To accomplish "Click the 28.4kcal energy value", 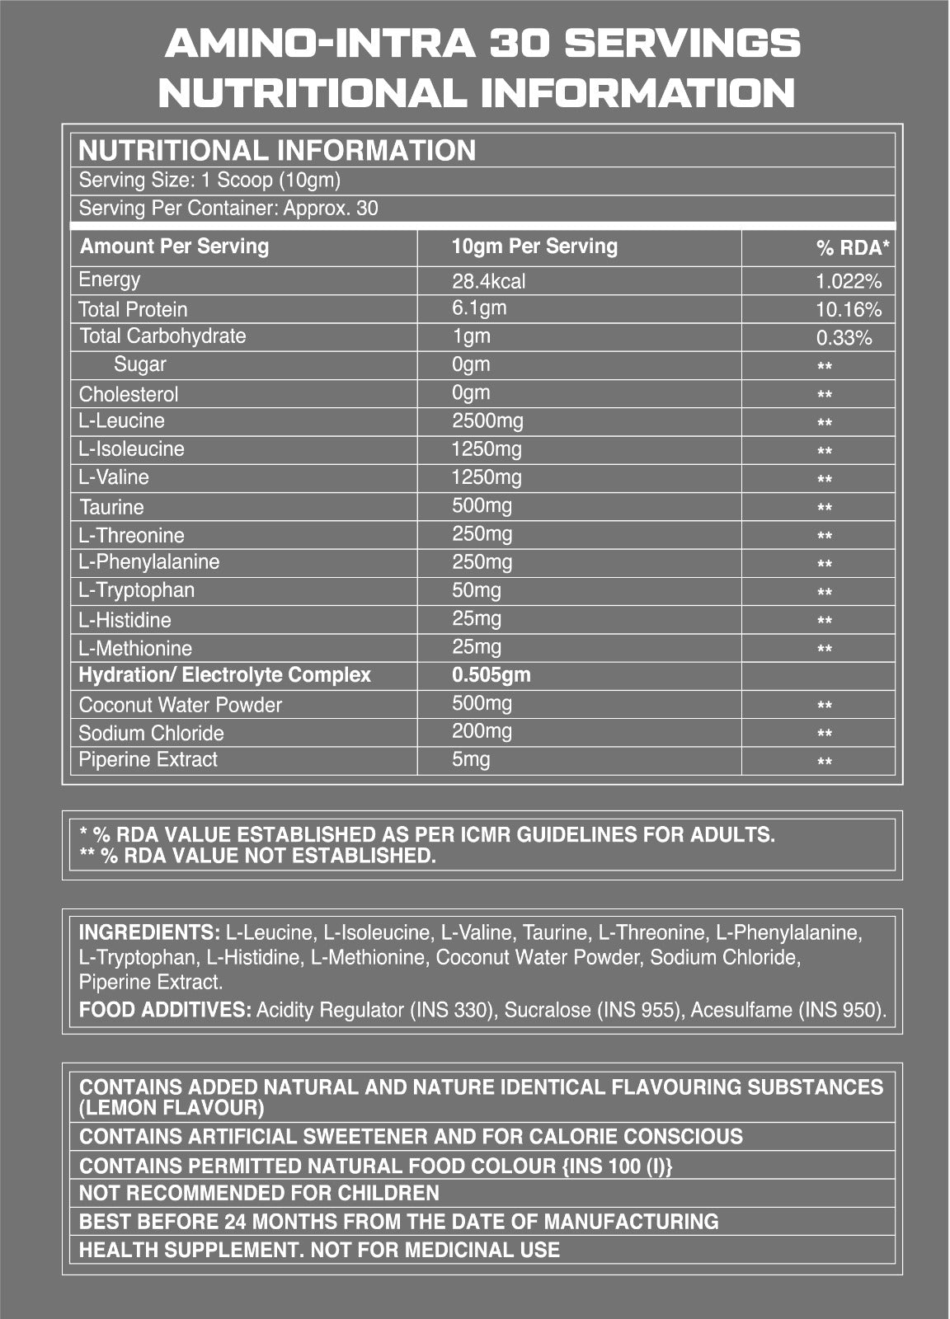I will [x=488, y=281].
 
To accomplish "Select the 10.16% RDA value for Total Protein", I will [x=849, y=310].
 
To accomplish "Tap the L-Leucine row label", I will [x=121, y=421].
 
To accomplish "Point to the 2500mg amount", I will [x=487, y=421].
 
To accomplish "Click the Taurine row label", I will [x=111, y=507].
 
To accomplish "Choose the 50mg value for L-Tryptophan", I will [x=477, y=590].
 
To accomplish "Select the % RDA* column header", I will [x=853, y=247].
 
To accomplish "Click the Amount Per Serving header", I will [x=174, y=246].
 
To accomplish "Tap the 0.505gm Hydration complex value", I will [x=491, y=675].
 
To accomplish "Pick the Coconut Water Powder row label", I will [x=180, y=705].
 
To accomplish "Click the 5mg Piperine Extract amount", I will [x=471, y=759].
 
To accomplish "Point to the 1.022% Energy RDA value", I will [x=849, y=282].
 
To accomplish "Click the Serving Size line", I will [x=209, y=181].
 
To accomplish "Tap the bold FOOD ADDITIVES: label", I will [x=165, y=1010].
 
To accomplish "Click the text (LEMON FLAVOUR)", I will [x=172, y=1108].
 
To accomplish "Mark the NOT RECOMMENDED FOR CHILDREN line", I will [x=259, y=1193].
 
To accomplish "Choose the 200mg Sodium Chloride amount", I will [x=482, y=731].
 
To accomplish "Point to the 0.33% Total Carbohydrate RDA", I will [x=844, y=338].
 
